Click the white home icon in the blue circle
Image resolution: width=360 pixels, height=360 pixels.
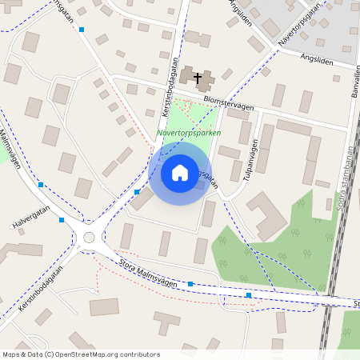pos(180,173)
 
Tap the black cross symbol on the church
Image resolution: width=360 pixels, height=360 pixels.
pos(198,77)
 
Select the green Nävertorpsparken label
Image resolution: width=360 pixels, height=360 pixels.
pos(188,133)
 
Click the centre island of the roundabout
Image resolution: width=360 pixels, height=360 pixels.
pos(88,237)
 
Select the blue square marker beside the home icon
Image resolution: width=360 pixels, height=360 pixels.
pos(138,192)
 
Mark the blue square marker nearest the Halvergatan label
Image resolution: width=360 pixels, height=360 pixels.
pos(62,219)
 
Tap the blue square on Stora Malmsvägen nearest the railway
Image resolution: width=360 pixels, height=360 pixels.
pos(249,295)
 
